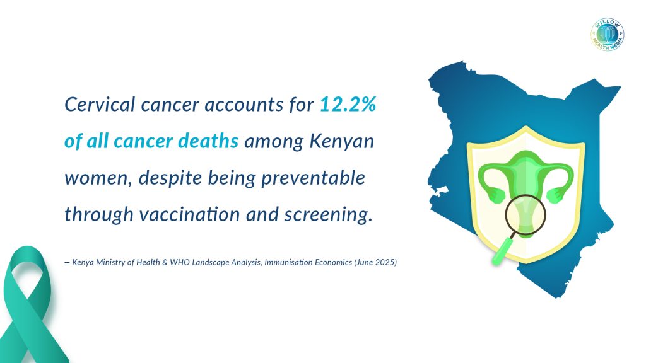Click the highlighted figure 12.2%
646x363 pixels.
click(348, 104)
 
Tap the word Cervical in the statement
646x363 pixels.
click(100, 104)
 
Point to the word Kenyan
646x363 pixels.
click(341, 142)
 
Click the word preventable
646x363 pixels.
click(313, 178)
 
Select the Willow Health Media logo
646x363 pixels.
click(608, 35)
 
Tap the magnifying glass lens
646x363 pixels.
click(526, 215)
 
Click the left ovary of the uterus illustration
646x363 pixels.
click(496, 194)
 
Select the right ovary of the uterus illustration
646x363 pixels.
click(555, 195)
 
